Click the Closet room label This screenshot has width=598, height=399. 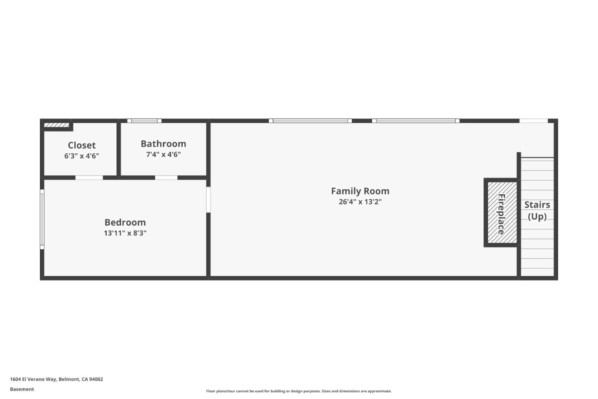[82, 145]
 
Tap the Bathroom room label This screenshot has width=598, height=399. [163, 144]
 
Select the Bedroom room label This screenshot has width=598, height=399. [125, 222]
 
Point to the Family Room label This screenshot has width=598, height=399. [360, 191]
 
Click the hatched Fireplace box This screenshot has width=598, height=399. [502, 213]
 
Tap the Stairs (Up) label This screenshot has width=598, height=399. [537, 211]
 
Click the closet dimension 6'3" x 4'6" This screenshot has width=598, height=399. [82, 156]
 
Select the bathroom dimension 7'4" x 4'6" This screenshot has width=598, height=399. [163, 155]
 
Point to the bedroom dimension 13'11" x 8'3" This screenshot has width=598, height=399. [125, 233]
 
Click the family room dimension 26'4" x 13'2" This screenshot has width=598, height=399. [360, 202]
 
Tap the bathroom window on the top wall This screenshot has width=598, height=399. [145, 121]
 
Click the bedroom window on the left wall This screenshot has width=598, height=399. [42, 219]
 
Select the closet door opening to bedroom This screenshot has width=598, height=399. [89, 178]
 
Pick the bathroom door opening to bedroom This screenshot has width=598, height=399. [166, 178]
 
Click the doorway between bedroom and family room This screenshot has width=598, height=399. [208, 199]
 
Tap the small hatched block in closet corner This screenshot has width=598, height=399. [56, 125]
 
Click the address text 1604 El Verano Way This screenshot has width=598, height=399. [33, 379]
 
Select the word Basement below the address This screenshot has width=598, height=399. [22, 389]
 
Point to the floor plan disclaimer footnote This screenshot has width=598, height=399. [299, 391]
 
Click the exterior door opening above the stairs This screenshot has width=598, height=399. [533, 121]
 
